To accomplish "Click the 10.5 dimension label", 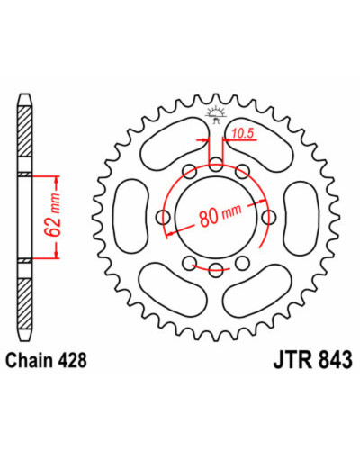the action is (243, 133).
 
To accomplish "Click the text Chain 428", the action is (47, 360).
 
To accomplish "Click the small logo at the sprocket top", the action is (215, 115).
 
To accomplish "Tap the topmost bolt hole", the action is (216, 165).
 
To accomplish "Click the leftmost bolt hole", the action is (164, 217).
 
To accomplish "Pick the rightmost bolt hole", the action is (269, 217).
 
